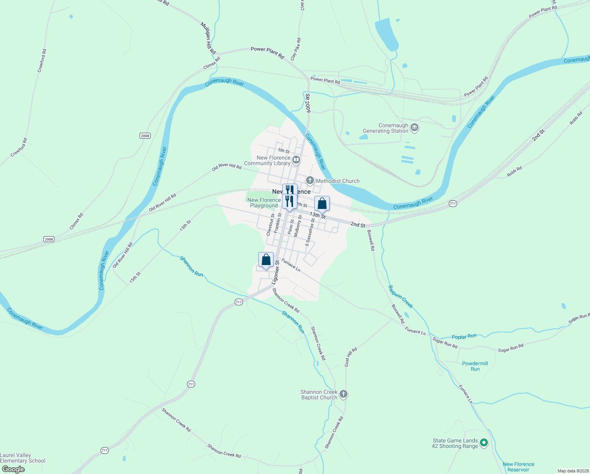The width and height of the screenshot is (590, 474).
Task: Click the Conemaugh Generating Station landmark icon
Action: coord(414,128)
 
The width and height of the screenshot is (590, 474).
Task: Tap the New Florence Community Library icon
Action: coord(296,160)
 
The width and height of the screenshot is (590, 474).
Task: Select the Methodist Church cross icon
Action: coord(310,181)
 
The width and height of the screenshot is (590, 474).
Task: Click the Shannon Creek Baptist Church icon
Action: coord(344,394)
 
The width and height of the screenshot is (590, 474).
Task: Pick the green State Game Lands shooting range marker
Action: coord(484,443)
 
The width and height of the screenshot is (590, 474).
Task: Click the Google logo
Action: coord(13,469)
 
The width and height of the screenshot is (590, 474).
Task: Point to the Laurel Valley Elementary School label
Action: coord(22,458)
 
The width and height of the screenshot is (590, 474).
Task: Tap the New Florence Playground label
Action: coord(264,203)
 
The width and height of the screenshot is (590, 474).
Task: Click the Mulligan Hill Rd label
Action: coord(208,38)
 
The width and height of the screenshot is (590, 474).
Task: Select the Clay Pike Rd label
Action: coord(296,49)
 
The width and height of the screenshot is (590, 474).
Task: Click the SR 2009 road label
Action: coord(308,103)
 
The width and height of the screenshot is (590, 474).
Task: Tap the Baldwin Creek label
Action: coord(400,297)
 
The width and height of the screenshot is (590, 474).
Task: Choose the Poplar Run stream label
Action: coord(464,337)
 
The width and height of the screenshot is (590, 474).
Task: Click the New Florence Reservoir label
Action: coord(518,467)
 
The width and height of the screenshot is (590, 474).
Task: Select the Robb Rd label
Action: coord(514,171)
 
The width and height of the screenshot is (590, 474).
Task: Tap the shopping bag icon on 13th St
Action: coord(322,203)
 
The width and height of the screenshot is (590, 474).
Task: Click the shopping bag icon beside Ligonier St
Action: coord(266,260)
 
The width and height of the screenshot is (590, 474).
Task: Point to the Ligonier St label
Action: coord(277,272)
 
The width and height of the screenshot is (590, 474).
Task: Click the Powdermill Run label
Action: coord(475,366)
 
